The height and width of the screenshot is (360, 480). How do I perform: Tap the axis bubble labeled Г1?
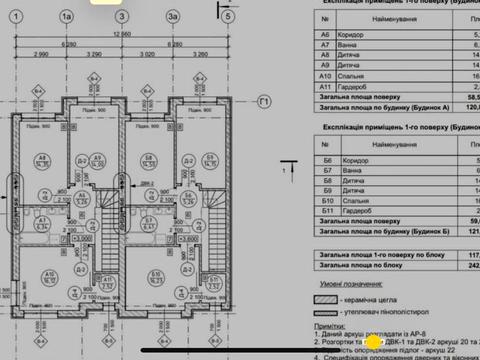pos(264,101)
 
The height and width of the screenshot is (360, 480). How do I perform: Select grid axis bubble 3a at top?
pos(175,17)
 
